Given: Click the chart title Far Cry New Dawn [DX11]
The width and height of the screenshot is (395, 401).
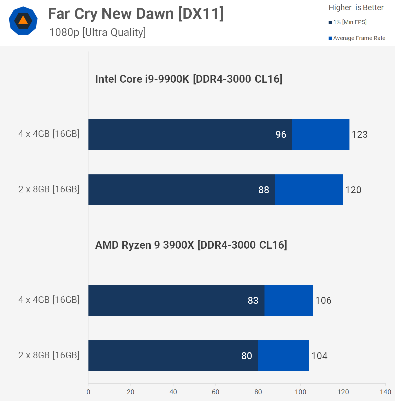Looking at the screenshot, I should pyautogui.click(x=136, y=14).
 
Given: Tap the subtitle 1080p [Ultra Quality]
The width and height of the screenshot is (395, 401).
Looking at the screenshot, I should pyautogui.click(x=97, y=32).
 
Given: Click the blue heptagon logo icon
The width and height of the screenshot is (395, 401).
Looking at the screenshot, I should pyautogui.click(x=23, y=21).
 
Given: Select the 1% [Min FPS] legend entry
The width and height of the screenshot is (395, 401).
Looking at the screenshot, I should pyautogui.click(x=348, y=22).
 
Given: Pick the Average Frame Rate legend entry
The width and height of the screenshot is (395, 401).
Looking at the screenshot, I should pyautogui.click(x=357, y=38).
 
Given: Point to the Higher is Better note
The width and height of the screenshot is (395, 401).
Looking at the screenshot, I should pyautogui.click(x=356, y=8).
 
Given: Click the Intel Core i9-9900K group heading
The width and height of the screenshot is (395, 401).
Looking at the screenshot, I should pyautogui.click(x=189, y=79).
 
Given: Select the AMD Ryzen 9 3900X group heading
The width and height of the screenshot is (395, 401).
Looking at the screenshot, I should pyautogui.click(x=191, y=245).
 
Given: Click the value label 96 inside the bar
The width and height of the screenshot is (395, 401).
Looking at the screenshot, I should pyautogui.click(x=281, y=134).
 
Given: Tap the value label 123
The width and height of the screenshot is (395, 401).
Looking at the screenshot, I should pyautogui.click(x=360, y=134).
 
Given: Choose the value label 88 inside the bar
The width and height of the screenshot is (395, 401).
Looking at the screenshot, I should pyautogui.click(x=264, y=190).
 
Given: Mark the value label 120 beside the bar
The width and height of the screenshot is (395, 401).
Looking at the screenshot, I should pyautogui.click(x=353, y=190).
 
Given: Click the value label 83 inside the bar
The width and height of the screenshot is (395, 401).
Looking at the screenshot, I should pyautogui.click(x=253, y=300).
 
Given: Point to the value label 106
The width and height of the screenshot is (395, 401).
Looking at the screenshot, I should pyautogui.click(x=323, y=300).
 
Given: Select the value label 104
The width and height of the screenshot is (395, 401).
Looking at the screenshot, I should pyautogui.click(x=319, y=356).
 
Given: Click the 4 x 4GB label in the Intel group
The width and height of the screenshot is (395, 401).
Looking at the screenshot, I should pyautogui.click(x=49, y=134).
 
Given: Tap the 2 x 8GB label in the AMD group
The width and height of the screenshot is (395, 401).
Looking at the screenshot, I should pyautogui.click(x=49, y=355).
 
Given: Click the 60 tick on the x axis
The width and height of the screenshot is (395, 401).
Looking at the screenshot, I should pyautogui.click(x=215, y=392).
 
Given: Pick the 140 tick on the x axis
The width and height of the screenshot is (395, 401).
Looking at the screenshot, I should pyautogui.click(x=385, y=392).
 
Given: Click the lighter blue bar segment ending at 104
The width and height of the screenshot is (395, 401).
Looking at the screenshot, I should pyautogui.click(x=284, y=356).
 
